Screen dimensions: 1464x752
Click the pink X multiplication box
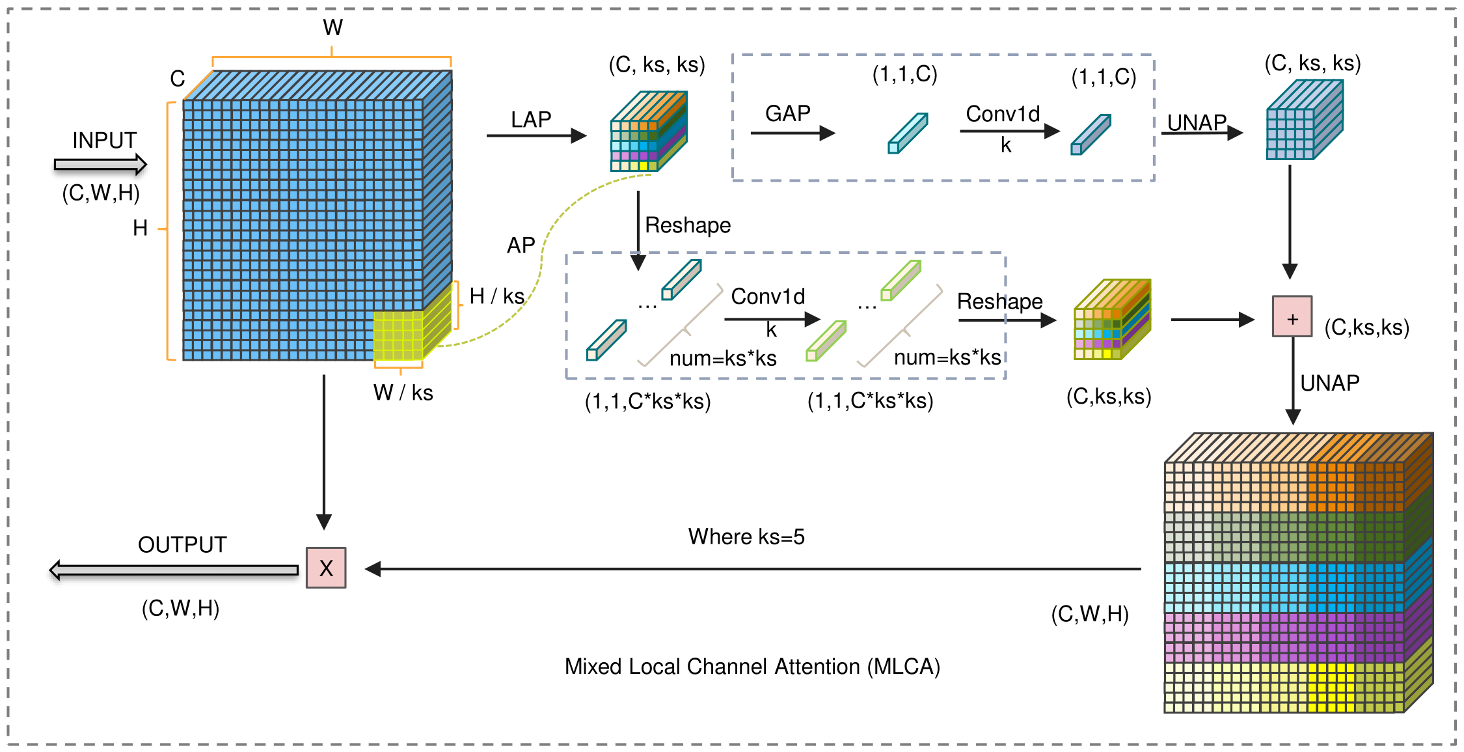[326, 568]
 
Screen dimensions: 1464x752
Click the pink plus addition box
[1292, 316]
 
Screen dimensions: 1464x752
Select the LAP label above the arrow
[531, 119]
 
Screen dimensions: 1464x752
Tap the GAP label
[788, 113]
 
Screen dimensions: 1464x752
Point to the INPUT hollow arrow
[101, 165]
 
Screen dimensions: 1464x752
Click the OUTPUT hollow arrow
[174, 570]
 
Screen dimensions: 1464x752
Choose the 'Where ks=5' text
[746, 536]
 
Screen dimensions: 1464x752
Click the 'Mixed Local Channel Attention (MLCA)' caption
[752, 667]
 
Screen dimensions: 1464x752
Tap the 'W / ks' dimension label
[403, 393]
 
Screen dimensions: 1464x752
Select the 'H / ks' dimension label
[497, 296]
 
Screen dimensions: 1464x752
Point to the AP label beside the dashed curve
[521, 245]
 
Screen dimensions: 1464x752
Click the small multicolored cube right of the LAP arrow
[649, 131]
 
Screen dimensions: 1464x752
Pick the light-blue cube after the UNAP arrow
[1305, 120]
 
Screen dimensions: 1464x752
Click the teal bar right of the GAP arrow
[908, 133]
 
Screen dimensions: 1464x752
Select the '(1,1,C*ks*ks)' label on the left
[647, 401]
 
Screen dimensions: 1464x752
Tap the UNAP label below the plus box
[1330, 383]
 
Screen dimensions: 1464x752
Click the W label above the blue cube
[332, 27]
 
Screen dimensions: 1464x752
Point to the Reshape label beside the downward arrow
[688, 225]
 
